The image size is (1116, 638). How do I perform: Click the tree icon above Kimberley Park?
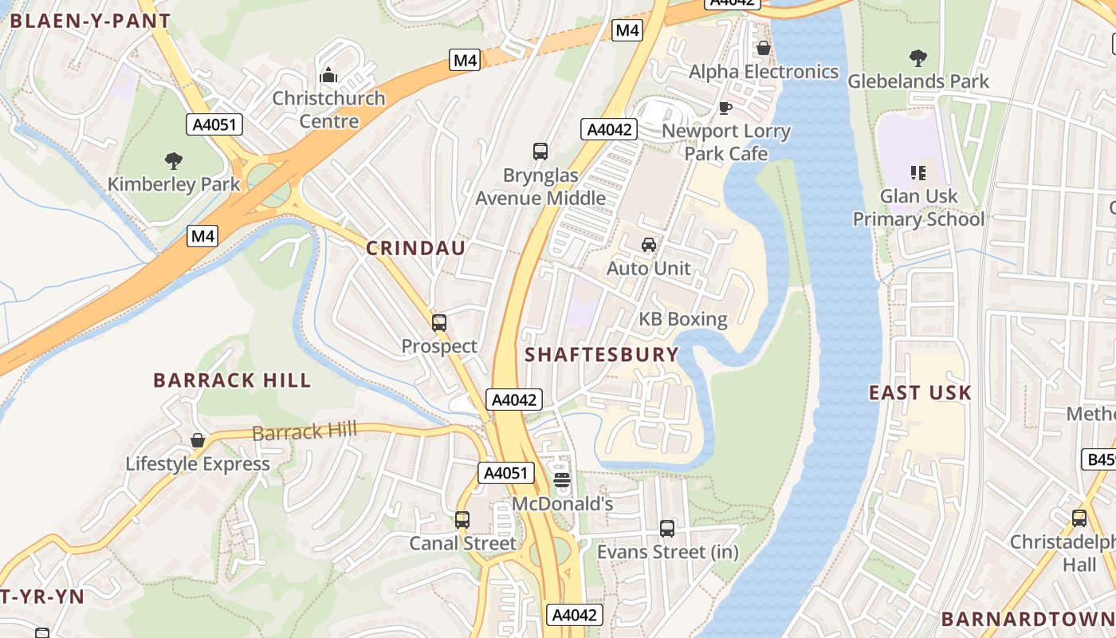point(174,161)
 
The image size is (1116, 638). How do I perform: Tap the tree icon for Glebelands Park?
point(918,57)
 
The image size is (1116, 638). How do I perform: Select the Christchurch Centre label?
point(328,109)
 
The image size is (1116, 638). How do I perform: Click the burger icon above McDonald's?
point(562,479)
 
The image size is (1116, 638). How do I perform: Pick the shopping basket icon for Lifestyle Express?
point(198,440)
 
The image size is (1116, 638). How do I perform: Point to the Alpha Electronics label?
point(763,72)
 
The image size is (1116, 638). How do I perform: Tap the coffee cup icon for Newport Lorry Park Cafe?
point(725,108)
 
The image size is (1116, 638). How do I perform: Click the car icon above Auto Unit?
point(649,245)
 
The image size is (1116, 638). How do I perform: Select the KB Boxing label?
point(683,320)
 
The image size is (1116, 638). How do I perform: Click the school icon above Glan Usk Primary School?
point(918,172)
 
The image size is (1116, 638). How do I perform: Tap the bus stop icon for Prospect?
point(439,322)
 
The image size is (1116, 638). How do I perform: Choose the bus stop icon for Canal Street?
point(462,520)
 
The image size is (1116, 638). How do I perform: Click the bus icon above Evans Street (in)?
point(667,528)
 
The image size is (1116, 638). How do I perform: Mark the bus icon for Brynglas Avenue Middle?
point(540,151)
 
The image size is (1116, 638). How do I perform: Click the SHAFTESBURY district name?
point(602,355)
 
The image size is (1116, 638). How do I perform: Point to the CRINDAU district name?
point(415,248)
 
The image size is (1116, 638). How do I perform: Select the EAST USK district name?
point(920,392)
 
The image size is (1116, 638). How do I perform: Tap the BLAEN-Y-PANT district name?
point(90,22)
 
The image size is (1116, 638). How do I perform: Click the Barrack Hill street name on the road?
point(305,431)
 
